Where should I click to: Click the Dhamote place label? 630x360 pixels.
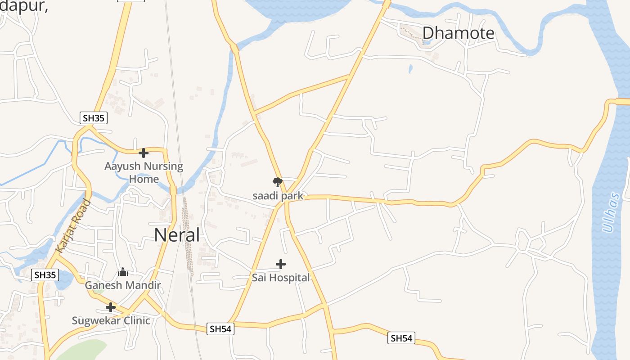coord(458,33)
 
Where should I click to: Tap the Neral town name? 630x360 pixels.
coord(177,235)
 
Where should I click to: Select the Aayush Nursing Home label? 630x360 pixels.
coord(144,172)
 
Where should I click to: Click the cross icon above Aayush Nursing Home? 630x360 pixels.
coord(144,153)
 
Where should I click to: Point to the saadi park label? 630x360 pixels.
coord(278,196)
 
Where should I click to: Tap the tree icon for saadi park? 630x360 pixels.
coord(278,182)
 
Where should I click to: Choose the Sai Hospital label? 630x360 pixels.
coord(281,278)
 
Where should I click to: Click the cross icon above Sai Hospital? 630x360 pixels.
coord(281,264)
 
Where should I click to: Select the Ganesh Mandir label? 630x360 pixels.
coord(123,285)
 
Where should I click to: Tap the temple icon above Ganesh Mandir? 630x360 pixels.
coord(123,272)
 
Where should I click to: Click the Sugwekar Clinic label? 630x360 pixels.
coord(111,320)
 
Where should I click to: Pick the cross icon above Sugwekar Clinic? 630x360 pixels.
coord(111,308)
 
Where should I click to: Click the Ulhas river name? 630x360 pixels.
coord(611,212)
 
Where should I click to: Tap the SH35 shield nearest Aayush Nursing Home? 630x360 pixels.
coord(94,118)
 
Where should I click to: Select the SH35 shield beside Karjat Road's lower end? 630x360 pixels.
coord(45,274)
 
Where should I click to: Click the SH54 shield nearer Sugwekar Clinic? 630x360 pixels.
coord(220,329)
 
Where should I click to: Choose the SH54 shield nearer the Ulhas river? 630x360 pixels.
coord(401,338)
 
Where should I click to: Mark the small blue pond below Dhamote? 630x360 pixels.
coord(410,69)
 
